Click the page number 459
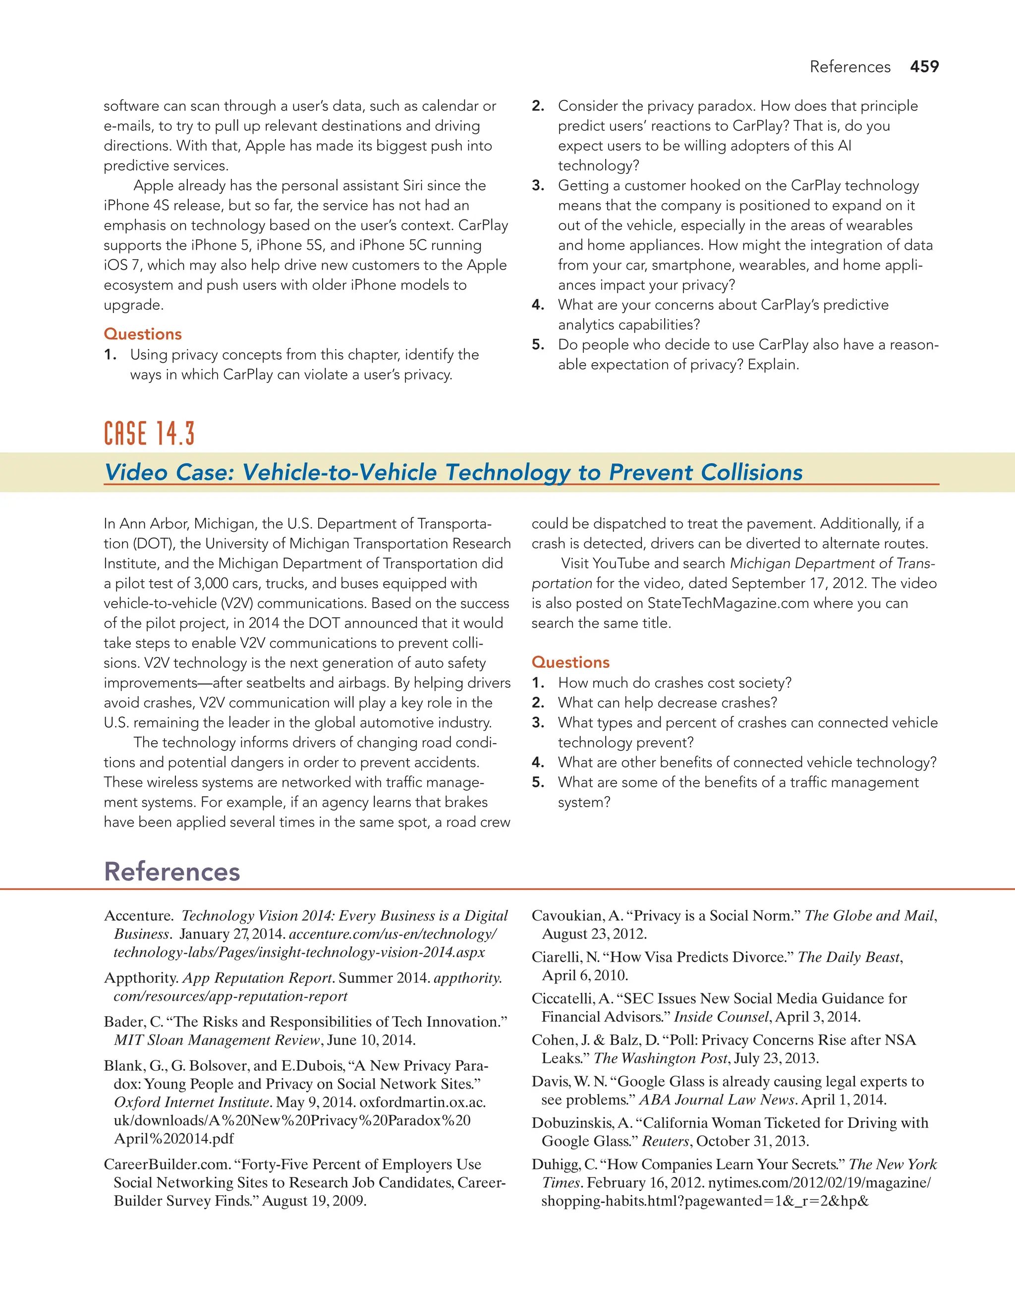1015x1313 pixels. click(x=924, y=67)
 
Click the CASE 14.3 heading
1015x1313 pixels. click(x=149, y=434)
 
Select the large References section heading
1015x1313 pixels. click(x=172, y=872)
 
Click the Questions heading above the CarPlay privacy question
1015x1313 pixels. click(x=143, y=334)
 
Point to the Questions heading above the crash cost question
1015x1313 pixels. click(x=570, y=662)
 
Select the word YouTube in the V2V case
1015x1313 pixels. click(x=620, y=564)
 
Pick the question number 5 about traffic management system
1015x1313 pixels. click(x=538, y=783)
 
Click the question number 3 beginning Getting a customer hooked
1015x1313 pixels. click(x=538, y=186)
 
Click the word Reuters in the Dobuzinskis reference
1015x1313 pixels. click(x=666, y=1142)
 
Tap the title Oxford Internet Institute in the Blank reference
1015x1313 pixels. click(x=191, y=1102)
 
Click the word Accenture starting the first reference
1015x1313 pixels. click(x=138, y=916)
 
